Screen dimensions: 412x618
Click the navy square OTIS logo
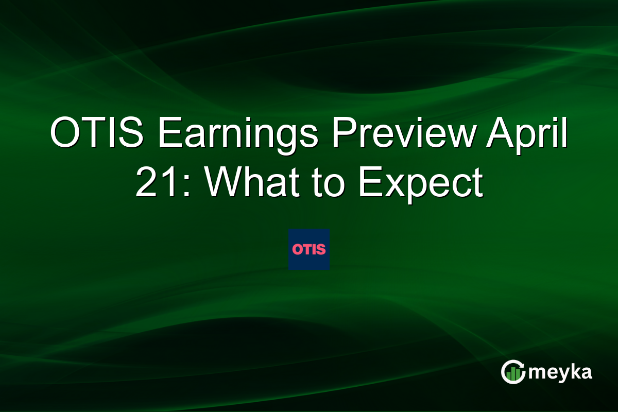[x=309, y=249]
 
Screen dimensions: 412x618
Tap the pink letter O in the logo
[x=297, y=250]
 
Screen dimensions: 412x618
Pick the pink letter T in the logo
[x=307, y=250]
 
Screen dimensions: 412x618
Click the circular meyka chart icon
[x=513, y=372]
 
